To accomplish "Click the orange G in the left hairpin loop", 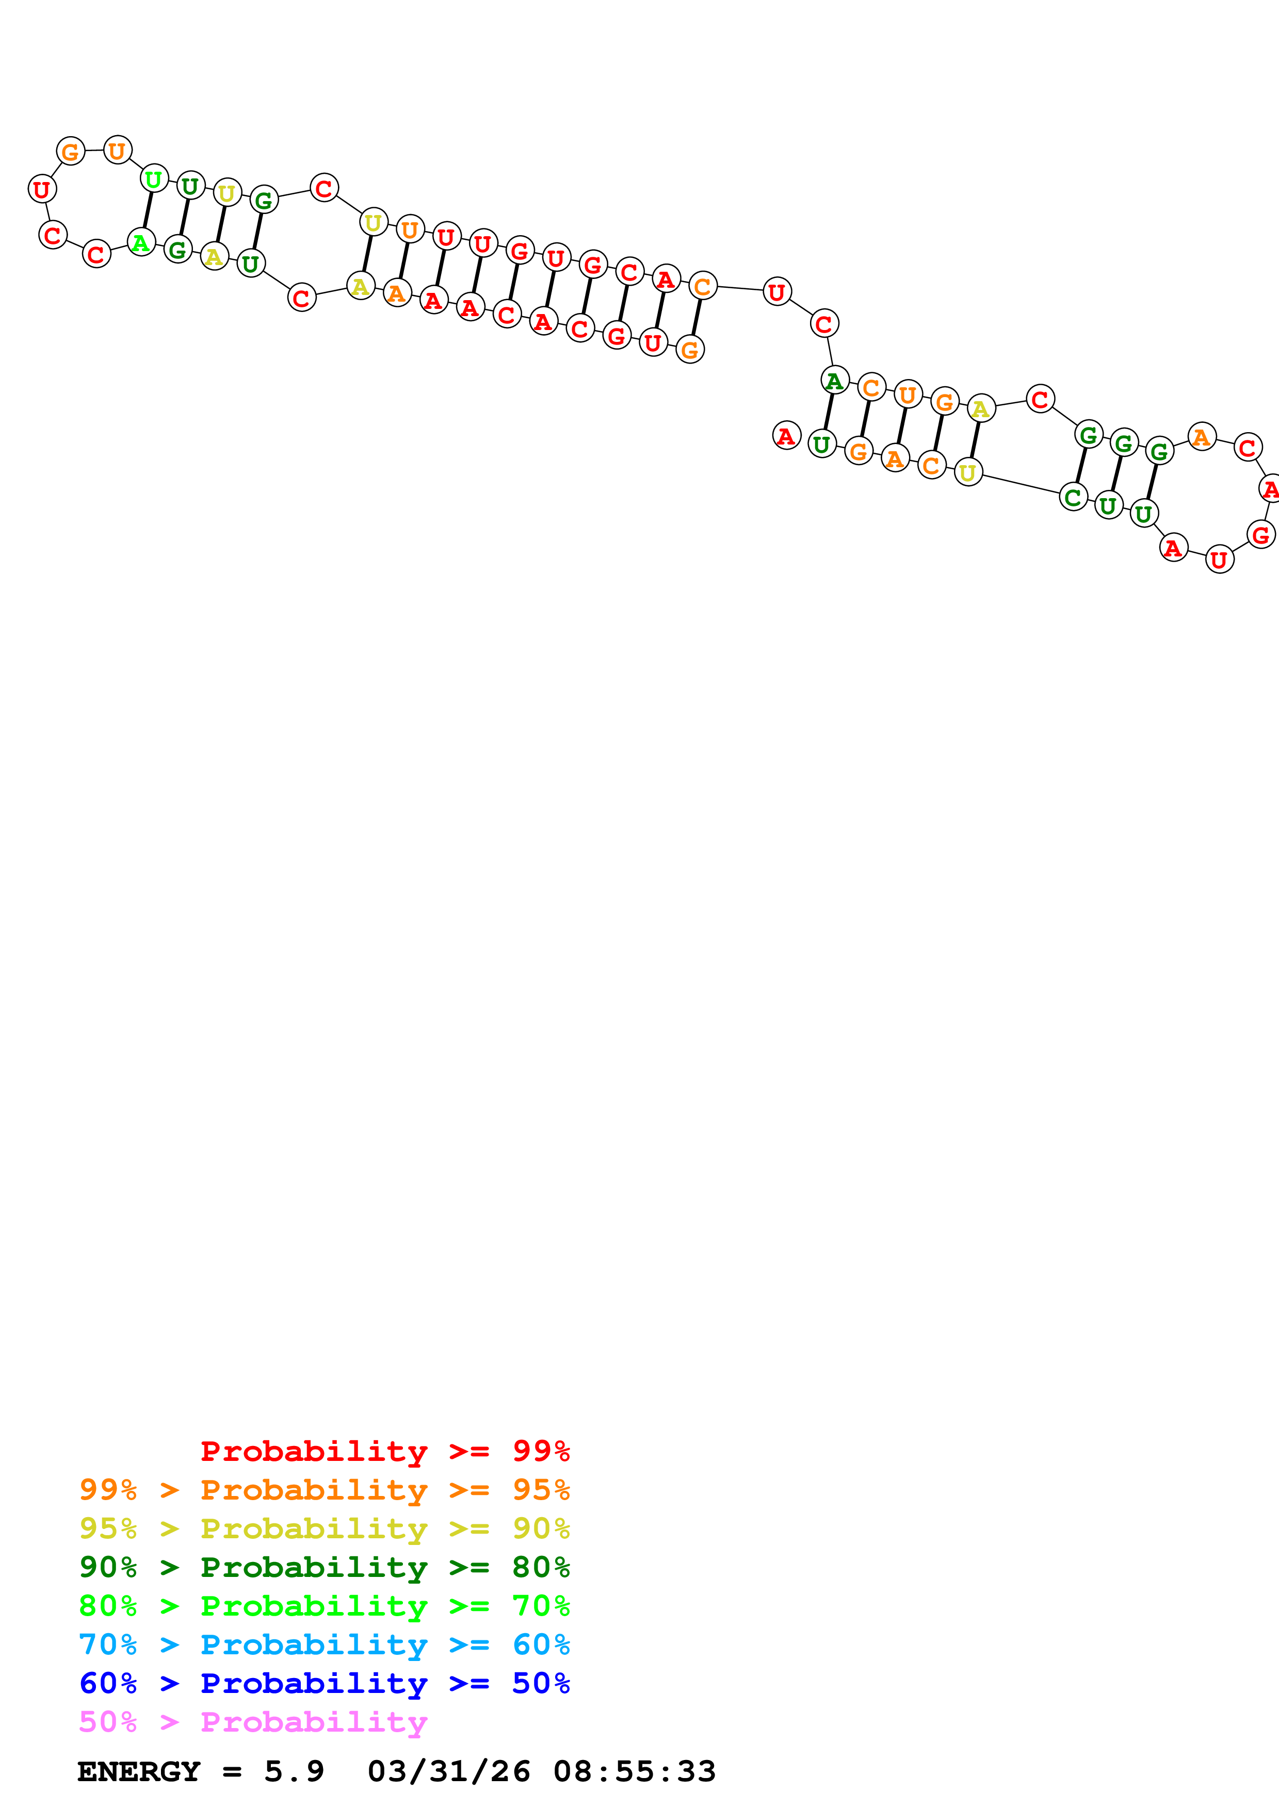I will pos(70,151).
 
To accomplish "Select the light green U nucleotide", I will pos(154,179).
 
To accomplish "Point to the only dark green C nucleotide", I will pos(1073,497).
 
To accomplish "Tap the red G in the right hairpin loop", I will pos(1260,534).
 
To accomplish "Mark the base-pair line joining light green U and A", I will pos(148,210).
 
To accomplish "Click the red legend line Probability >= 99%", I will pos(384,1451).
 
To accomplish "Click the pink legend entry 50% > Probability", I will pos(253,1721).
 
